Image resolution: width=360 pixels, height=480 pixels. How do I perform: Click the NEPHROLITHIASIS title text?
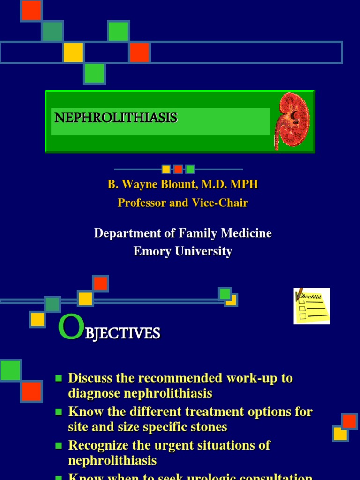point(116,118)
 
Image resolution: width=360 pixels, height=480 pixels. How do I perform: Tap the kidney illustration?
point(292,121)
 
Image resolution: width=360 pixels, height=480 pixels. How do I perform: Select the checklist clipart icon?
point(312,306)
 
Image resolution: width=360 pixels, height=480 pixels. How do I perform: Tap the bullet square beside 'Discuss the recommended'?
point(59,378)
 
